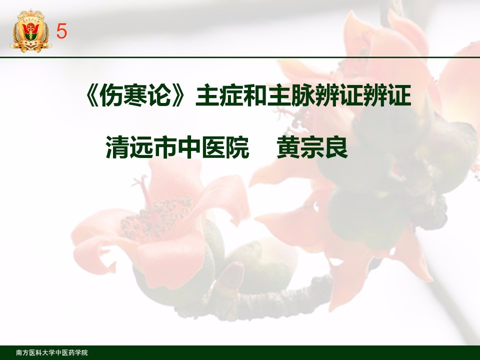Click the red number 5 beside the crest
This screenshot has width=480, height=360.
pyautogui.click(x=61, y=31)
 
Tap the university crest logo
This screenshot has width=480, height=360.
pyautogui.click(x=30, y=30)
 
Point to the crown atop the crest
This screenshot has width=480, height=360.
pyautogui.click(x=30, y=14)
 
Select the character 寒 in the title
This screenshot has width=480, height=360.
pyautogui.click(x=135, y=95)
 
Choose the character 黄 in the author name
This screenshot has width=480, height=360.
pyautogui.click(x=288, y=148)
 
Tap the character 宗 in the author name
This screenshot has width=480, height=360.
pyautogui.click(x=312, y=148)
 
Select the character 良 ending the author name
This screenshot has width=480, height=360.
pyautogui.click(x=336, y=148)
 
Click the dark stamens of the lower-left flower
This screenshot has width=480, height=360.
pyautogui.click(x=156, y=217)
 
